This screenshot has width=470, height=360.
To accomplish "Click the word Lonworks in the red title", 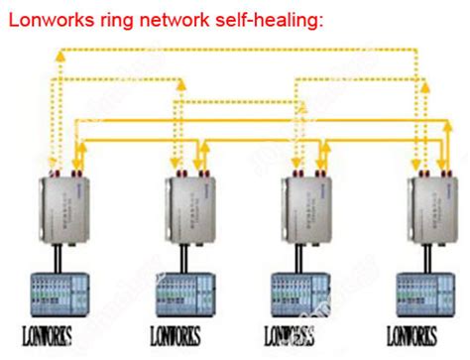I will (50, 18).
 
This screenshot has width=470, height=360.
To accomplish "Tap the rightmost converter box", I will (430, 210).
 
